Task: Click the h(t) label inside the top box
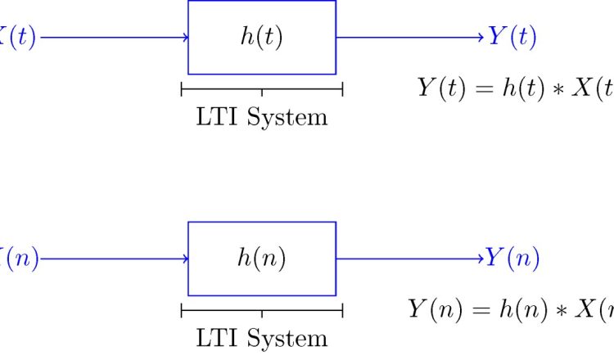point(261,38)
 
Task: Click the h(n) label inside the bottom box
point(261,259)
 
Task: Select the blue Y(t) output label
point(512,38)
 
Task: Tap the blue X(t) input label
point(16,38)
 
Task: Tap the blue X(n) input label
point(16,259)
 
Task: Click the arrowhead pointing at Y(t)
point(481,38)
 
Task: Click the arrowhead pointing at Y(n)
point(480,259)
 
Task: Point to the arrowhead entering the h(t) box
point(186,38)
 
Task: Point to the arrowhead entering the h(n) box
point(186,259)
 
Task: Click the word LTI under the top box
point(214,117)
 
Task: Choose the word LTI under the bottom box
point(214,338)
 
